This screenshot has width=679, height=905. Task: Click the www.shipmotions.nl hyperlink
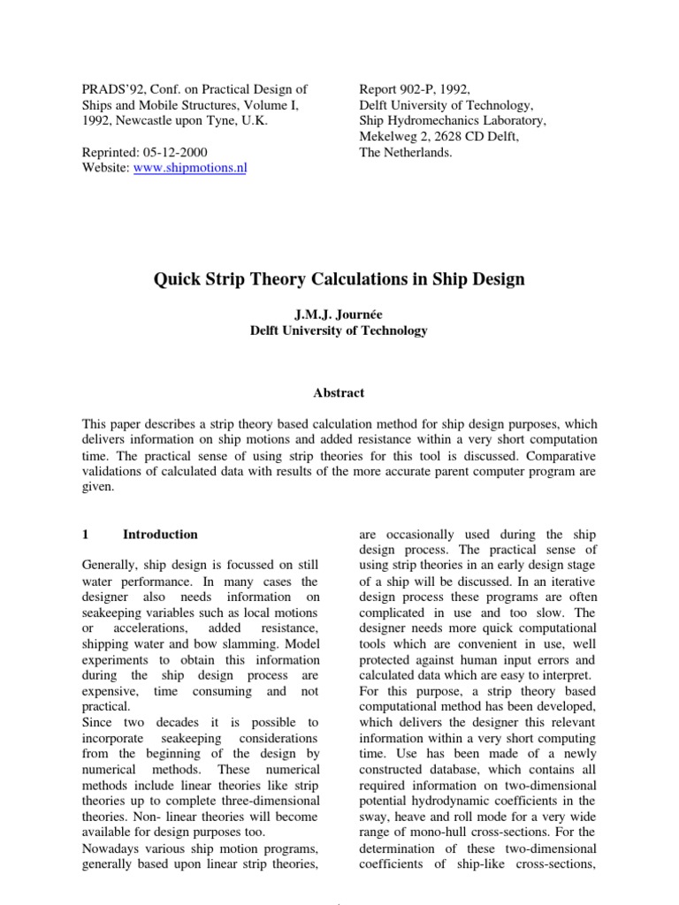189,169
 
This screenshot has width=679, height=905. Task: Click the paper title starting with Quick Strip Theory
339,279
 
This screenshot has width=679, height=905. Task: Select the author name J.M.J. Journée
339,315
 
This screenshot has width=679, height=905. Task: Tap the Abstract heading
339,392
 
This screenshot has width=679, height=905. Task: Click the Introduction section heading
160,534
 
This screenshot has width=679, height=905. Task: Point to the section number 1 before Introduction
85,534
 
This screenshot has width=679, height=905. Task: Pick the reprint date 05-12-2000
178,152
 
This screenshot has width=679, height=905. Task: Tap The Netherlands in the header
405,152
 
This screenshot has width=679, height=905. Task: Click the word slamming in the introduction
293,643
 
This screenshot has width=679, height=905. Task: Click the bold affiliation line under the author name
339,331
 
